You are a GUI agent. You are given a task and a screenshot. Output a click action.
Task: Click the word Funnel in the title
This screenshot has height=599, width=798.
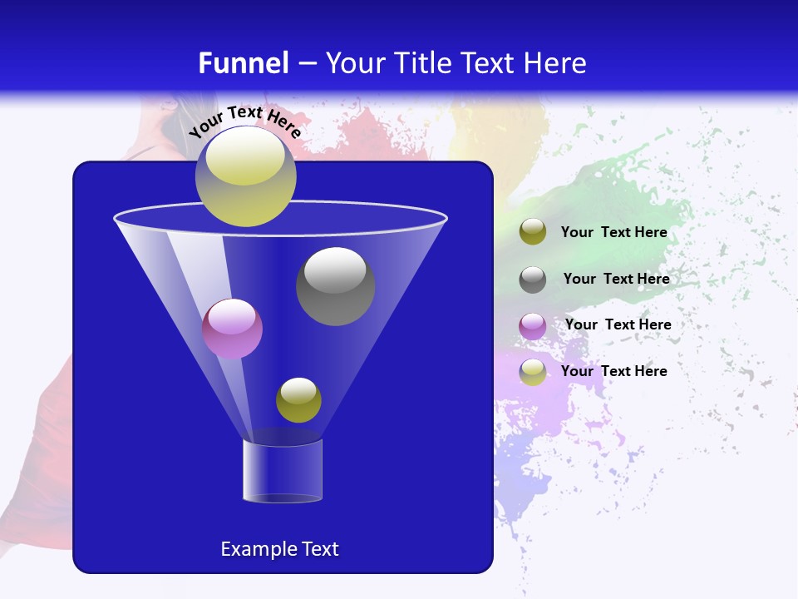point(243,63)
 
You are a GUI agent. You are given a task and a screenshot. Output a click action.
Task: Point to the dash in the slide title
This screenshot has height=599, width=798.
point(306,64)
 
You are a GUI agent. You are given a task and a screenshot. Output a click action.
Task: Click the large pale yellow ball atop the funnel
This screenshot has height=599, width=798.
point(245,176)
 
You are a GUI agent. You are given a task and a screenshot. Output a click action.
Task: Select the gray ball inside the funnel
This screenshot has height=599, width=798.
point(335,286)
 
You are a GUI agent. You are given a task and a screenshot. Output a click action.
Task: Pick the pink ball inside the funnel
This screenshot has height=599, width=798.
point(232,329)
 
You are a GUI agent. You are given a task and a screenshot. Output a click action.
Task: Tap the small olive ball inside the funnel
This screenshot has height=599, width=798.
point(298,400)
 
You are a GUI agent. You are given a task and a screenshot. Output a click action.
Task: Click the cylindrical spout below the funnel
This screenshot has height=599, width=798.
point(282,471)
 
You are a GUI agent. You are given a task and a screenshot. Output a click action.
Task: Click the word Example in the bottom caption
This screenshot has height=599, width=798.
point(253,549)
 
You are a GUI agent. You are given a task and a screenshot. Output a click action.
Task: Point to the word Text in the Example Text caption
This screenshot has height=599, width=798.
point(318,549)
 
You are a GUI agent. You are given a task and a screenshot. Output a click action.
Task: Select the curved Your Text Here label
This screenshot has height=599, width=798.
point(244,121)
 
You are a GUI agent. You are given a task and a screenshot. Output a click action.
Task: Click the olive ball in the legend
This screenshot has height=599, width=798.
point(533,232)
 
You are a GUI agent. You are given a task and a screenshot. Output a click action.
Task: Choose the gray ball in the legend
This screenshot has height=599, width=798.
point(533,279)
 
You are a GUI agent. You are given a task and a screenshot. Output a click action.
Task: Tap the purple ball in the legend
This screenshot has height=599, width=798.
point(533,325)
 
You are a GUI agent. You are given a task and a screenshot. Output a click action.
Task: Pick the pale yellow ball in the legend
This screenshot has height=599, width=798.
point(533,372)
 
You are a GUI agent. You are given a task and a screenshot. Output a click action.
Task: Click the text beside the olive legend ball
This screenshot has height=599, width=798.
point(613,232)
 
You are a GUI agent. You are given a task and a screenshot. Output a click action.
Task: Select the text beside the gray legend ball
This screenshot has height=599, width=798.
point(616,279)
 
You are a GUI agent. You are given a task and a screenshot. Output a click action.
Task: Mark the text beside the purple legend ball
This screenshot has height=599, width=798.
point(618,324)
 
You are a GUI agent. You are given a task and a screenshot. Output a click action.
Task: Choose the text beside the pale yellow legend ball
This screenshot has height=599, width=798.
point(613,371)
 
